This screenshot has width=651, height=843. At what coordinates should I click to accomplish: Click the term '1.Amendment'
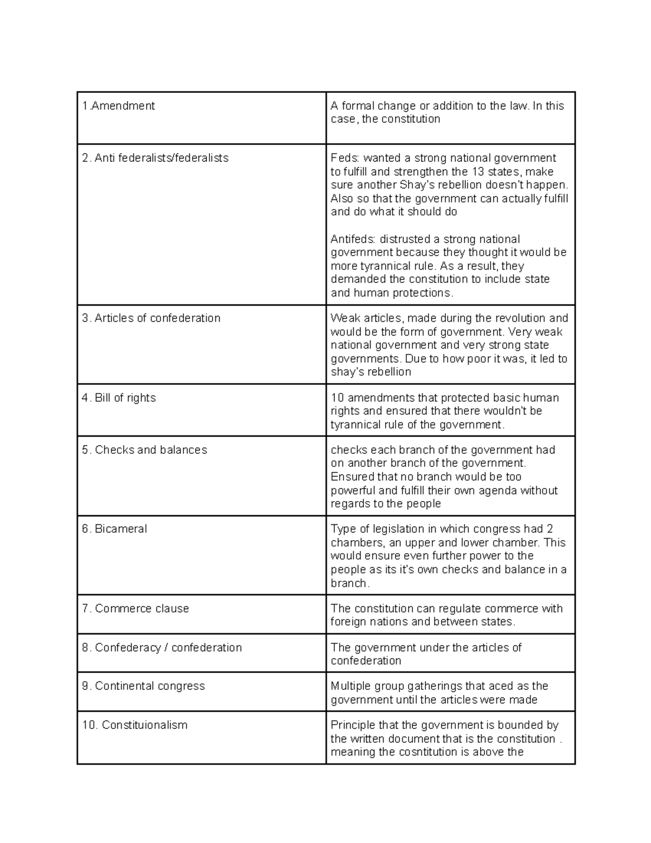pyautogui.click(x=118, y=106)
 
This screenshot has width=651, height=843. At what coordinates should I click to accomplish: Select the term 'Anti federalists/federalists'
pyautogui.click(x=161, y=158)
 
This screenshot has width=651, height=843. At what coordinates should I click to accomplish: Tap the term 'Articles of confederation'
pyautogui.click(x=157, y=318)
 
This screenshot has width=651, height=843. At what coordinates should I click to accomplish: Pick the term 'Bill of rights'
pyautogui.click(x=125, y=398)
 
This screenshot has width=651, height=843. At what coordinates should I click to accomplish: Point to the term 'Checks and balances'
pyautogui.click(x=151, y=450)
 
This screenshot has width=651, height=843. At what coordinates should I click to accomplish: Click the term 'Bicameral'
pyautogui.click(x=120, y=529)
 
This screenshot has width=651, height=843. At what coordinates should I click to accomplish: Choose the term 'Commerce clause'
pyautogui.click(x=142, y=609)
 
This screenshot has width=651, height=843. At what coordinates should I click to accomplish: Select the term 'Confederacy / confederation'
pyautogui.click(x=168, y=648)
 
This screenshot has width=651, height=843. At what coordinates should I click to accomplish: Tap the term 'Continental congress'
pyautogui.click(x=150, y=686)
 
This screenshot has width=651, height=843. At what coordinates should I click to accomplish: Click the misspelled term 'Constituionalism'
pyautogui.click(x=144, y=725)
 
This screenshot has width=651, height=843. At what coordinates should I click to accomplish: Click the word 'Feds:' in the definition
pyautogui.click(x=344, y=158)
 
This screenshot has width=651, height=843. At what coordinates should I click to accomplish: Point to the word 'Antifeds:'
pyautogui.click(x=353, y=239)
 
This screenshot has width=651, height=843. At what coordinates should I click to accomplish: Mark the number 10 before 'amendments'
pyautogui.click(x=337, y=398)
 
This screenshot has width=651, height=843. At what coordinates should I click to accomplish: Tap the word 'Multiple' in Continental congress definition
pyautogui.click(x=349, y=686)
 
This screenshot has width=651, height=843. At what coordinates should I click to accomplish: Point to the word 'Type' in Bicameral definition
pyautogui.click(x=343, y=529)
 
